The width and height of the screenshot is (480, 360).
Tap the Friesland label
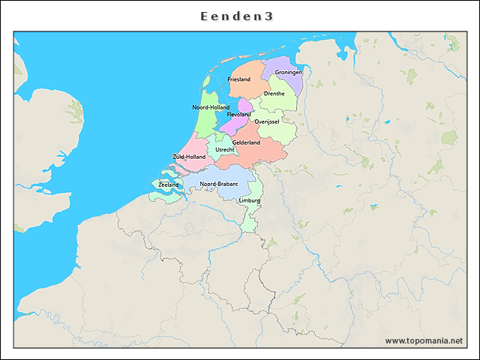click(x=238, y=79)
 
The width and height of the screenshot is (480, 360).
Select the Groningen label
click(x=288, y=72)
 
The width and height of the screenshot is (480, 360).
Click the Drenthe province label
click(x=274, y=94)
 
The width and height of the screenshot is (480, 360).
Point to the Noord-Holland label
click(x=211, y=107)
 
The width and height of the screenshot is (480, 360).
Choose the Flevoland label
click(x=239, y=115)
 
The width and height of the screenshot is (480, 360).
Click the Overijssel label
click(x=267, y=121)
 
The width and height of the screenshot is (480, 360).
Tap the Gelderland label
click(x=246, y=142)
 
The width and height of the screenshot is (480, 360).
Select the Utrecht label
click(x=224, y=149)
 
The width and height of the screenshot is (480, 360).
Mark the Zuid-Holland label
click(x=189, y=157)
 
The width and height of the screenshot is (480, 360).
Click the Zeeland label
click(x=169, y=184)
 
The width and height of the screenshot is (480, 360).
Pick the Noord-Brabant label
click(x=219, y=184)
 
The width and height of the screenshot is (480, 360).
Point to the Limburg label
click(x=249, y=201)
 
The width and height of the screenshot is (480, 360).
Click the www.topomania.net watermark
click(x=424, y=340)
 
